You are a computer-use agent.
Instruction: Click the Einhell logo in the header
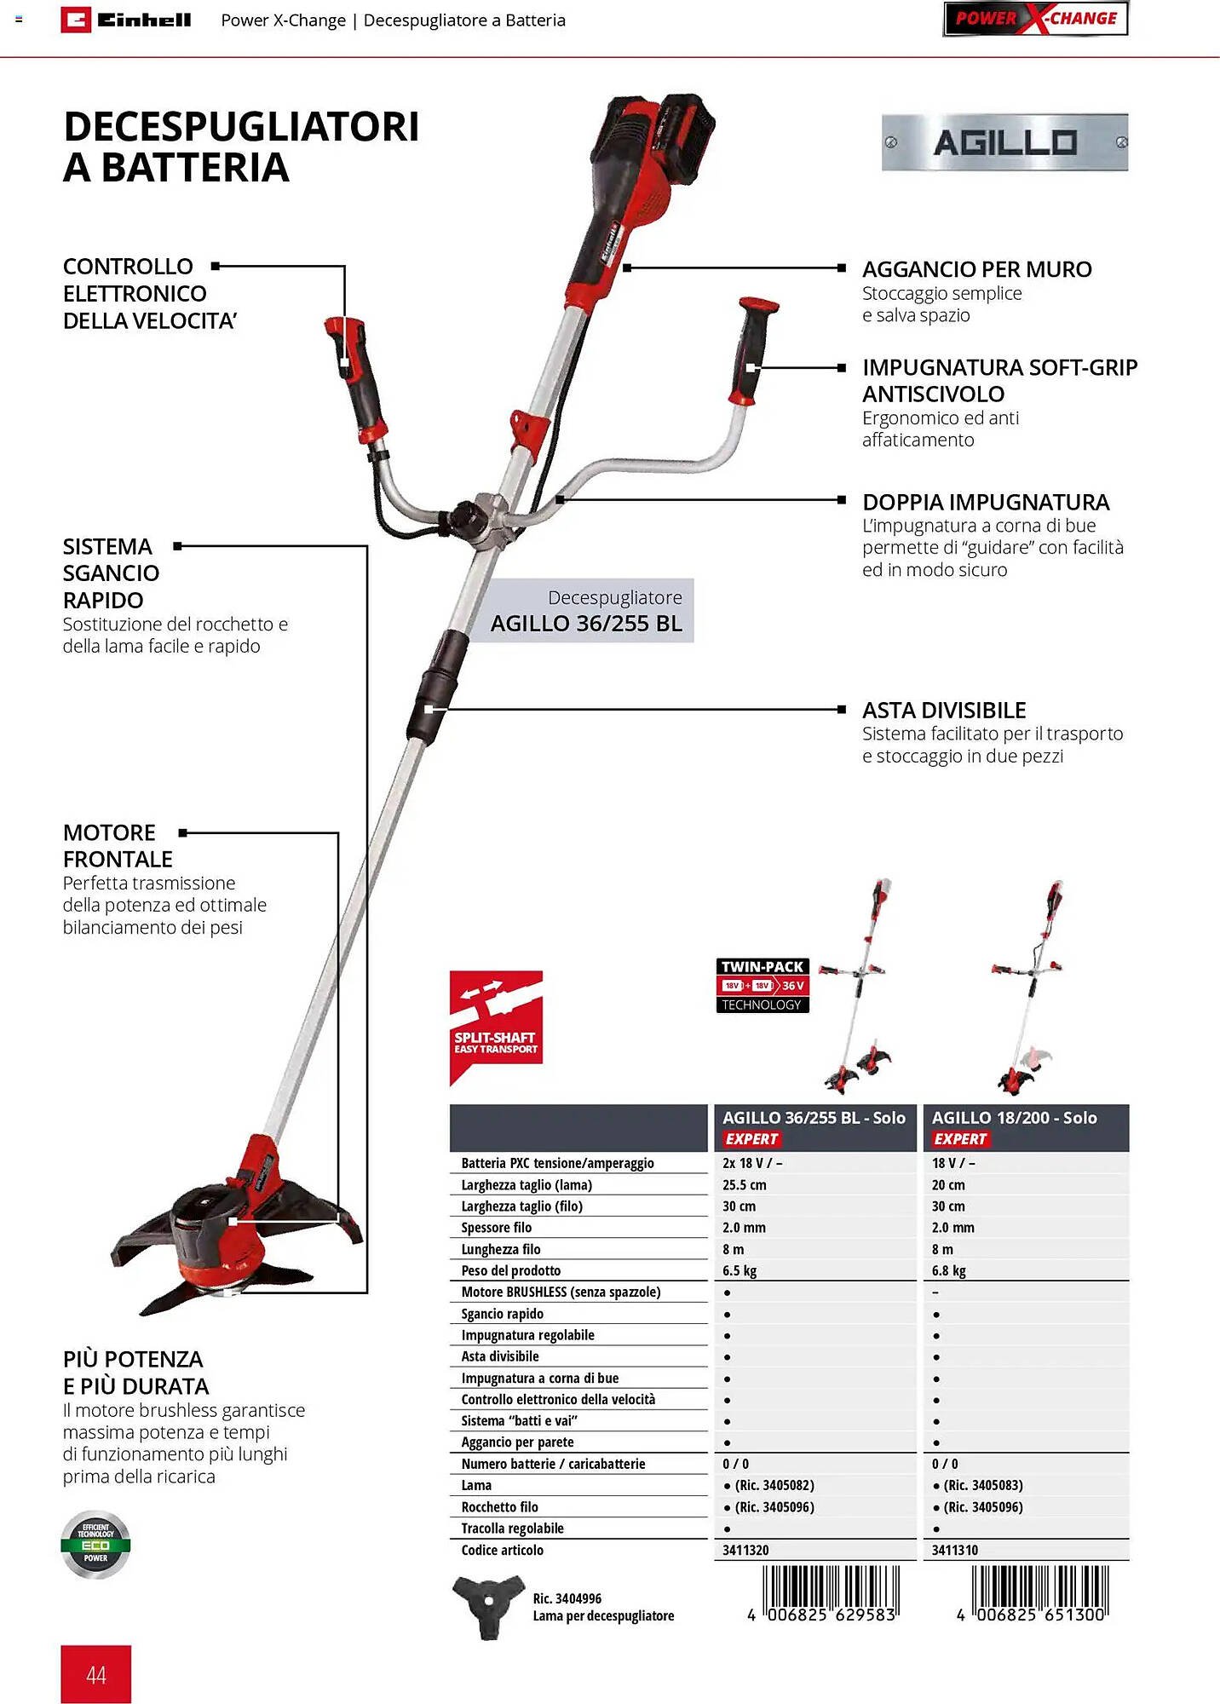[126, 20]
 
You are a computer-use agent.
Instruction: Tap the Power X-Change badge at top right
[1035, 19]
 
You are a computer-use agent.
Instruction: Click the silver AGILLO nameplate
[1004, 142]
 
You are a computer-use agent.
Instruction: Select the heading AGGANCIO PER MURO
[976, 269]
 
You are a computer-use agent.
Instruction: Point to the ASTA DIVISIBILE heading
[944, 710]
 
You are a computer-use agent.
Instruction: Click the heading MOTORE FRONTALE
[118, 845]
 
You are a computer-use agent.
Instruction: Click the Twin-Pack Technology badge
[762, 985]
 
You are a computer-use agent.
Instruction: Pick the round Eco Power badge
[95, 1545]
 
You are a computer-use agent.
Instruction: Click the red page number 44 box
[95, 1674]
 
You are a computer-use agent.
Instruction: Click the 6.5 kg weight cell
[739, 1270]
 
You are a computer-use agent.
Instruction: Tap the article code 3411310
[954, 1550]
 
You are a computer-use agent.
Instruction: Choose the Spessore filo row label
[496, 1228]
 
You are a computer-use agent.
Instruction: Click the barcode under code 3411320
[831, 1592]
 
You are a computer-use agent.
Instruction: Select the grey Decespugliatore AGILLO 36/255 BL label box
[586, 611]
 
